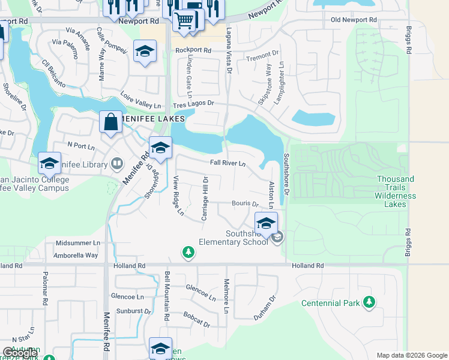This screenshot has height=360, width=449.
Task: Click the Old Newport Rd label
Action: [x=354, y=20]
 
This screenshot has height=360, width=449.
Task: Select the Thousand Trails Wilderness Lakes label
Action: [x=395, y=191]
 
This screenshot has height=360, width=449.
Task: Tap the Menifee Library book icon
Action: [x=116, y=164]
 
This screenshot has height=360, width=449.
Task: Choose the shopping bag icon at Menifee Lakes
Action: [x=111, y=122]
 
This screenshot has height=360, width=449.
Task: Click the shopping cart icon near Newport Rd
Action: [x=184, y=21]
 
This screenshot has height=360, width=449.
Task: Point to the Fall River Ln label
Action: [x=228, y=163]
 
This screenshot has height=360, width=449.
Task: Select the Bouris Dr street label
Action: [x=245, y=204]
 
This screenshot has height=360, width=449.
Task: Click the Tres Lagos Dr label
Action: [x=193, y=103]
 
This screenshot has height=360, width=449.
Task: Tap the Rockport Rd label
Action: [x=193, y=50]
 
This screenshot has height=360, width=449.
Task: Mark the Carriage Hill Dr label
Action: [x=205, y=198]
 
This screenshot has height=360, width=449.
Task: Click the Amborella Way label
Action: [x=76, y=255]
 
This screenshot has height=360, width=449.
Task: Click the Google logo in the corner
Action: [x=20, y=353]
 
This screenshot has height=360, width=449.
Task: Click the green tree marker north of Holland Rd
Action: [x=188, y=252]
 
